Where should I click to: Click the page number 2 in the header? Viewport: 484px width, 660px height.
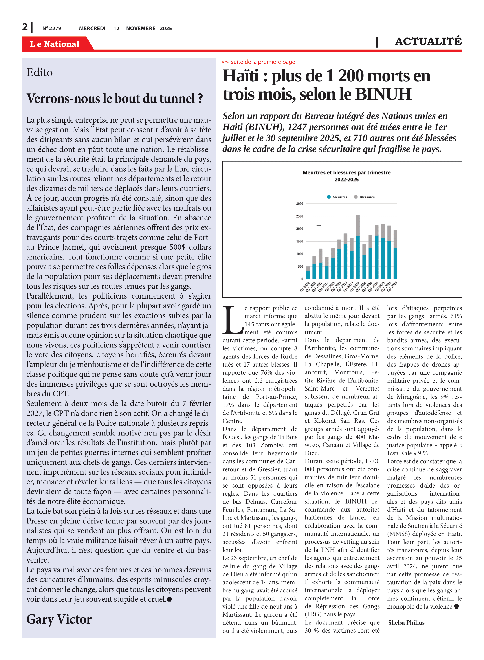[x=25, y=27]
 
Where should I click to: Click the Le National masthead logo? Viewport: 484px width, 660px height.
[x=55, y=44]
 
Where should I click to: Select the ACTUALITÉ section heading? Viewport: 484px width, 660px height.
[x=428, y=41]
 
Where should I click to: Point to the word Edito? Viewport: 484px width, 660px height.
[x=40, y=72]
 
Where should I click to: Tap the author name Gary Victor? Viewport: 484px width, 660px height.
[x=59, y=619]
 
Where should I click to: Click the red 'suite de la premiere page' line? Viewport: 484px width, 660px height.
[x=258, y=62]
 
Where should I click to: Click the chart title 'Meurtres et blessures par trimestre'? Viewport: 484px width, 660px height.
[x=346, y=172]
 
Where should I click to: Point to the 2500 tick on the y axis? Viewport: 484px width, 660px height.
[x=299, y=216]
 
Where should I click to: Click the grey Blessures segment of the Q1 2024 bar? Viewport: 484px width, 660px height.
[x=358, y=225]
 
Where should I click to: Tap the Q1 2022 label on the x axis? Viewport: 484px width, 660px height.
[x=305, y=286]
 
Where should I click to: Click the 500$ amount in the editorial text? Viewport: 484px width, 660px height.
[x=177, y=247]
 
